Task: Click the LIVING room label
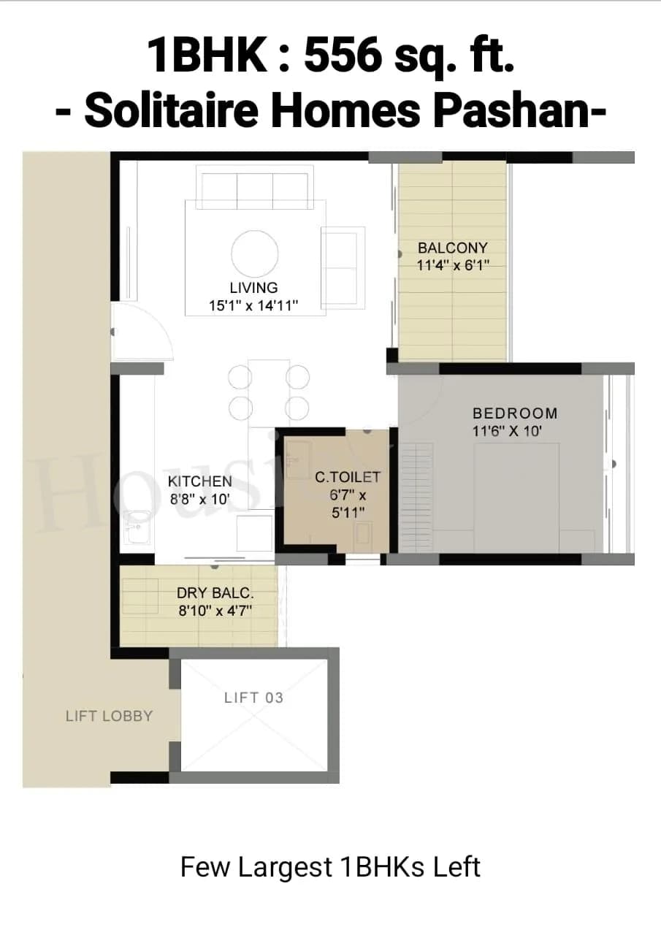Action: (253, 288)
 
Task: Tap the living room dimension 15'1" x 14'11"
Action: (253, 306)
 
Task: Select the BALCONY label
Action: (452, 248)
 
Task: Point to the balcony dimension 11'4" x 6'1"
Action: (452, 266)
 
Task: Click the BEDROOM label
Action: (515, 413)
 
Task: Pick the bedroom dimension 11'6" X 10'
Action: (507, 431)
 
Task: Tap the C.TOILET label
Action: (348, 477)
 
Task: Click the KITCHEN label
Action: (200, 481)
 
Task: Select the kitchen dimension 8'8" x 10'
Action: (200, 500)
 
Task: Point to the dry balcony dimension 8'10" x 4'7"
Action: (215, 611)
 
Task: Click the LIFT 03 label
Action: (253, 698)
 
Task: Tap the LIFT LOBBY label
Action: (109, 717)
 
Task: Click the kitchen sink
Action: (136, 528)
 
